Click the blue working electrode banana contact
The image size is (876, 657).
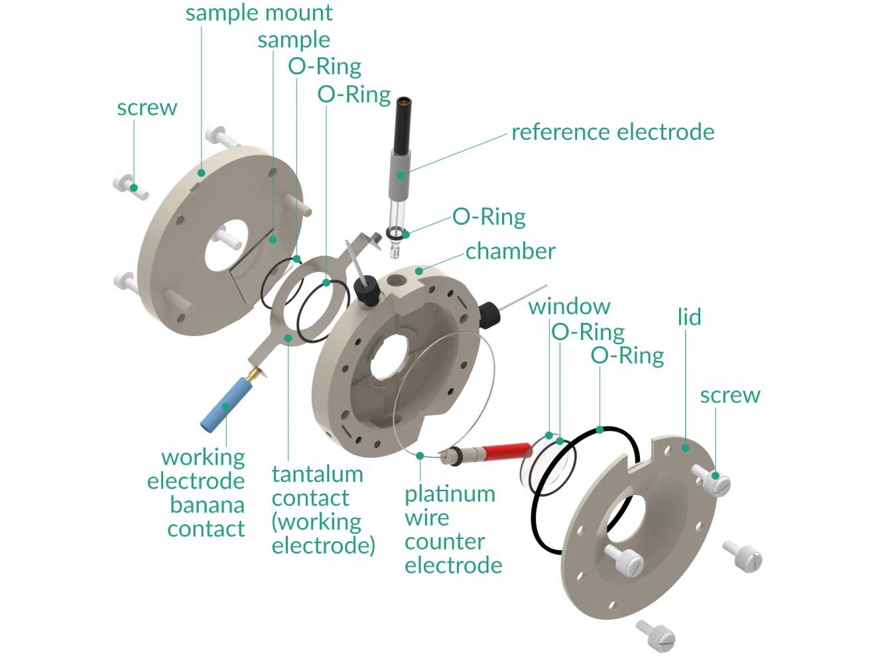point(221,405)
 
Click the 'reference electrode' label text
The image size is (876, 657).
point(613,132)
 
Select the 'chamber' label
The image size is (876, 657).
point(510,251)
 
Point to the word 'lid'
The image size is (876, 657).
point(689,317)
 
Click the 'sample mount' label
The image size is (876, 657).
point(259,13)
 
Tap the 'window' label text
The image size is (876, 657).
point(569,306)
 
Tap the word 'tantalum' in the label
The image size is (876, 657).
point(317,474)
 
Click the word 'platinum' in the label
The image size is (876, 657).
point(450,494)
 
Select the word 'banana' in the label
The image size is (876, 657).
point(207,505)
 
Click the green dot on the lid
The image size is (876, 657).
point(686,448)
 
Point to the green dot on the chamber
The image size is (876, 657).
point(418,270)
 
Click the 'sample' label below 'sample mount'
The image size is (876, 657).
point(293,40)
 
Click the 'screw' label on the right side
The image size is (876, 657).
point(729,395)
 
